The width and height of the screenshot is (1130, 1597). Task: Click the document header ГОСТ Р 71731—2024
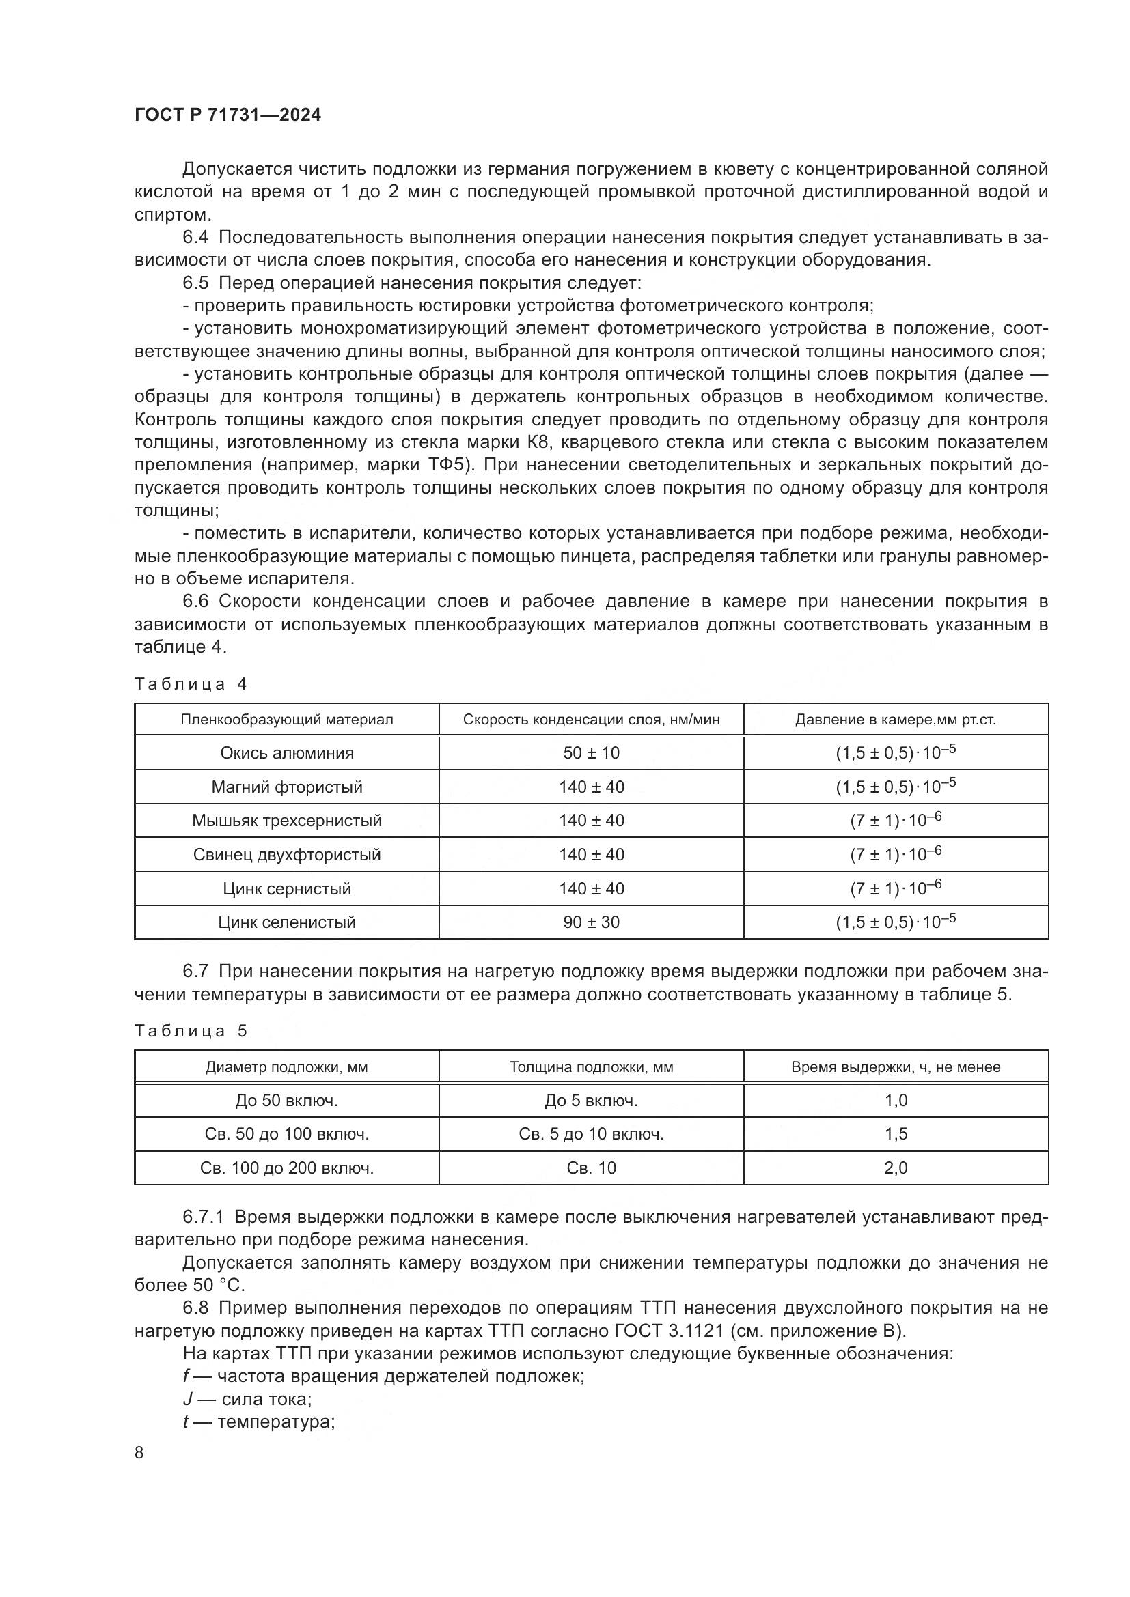click(x=228, y=115)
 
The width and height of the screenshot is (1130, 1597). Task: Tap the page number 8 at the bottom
click(x=139, y=1452)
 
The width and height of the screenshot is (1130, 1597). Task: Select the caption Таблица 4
click(x=191, y=684)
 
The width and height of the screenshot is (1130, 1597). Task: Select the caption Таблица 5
click(x=191, y=1031)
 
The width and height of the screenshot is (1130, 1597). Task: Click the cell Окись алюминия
click(x=287, y=752)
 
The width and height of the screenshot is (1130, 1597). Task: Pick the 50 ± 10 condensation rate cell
click(x=591, y=752)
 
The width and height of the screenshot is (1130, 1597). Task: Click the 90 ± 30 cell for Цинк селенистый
click(x=591, y=922)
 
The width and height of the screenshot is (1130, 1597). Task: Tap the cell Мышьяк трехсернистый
click(x=287, y=821)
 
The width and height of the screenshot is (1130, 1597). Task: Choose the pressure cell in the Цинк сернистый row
click(x=896, y=888)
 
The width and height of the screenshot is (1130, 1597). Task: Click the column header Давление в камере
click(x=896, y=720)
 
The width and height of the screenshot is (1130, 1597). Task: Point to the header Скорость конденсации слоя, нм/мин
click(x=591, y=720)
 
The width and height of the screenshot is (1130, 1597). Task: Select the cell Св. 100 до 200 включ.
click(x=287, y=1168)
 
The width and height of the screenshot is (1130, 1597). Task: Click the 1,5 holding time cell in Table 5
click(x=896, y=1135)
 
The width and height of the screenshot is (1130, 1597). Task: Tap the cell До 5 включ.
click(x=591, y=1101)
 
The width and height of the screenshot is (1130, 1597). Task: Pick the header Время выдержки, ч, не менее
click(x=896, y=1067)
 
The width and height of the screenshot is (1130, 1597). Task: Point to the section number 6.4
click(x=195, y=237)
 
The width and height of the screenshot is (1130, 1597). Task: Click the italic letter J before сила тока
click(x=187, y=1400)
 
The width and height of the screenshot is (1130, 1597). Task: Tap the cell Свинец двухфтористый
click(x=287, y=855)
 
